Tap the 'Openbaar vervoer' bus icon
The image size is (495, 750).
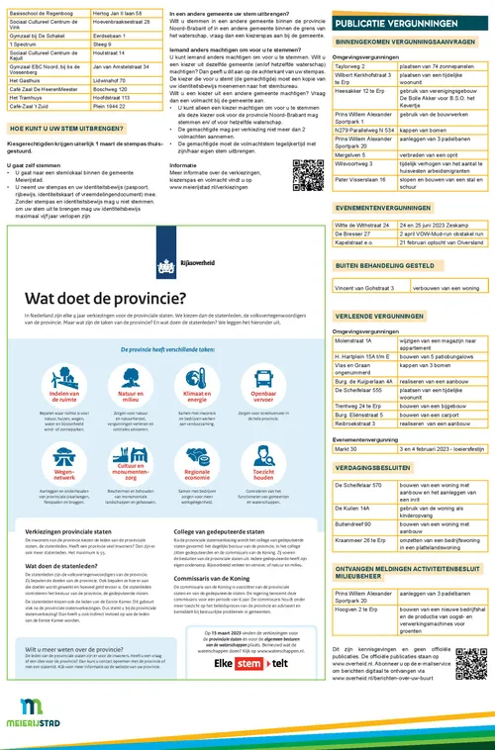coord(262,375)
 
